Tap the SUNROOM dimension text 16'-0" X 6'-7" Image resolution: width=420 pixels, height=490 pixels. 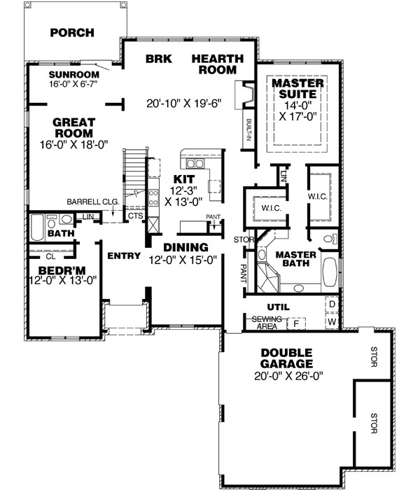click(72, 83)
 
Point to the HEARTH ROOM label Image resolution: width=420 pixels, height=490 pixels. click(217, 64)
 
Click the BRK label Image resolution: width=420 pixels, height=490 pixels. click(154, 59)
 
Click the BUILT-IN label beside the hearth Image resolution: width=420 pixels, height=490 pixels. click(248, 129)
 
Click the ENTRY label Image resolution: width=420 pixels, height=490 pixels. click(125, 255)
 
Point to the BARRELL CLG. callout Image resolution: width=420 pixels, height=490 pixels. click(93, 202)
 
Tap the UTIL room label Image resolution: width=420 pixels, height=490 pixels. click(278, 307)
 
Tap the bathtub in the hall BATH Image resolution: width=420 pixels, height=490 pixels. click(36, 227)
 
